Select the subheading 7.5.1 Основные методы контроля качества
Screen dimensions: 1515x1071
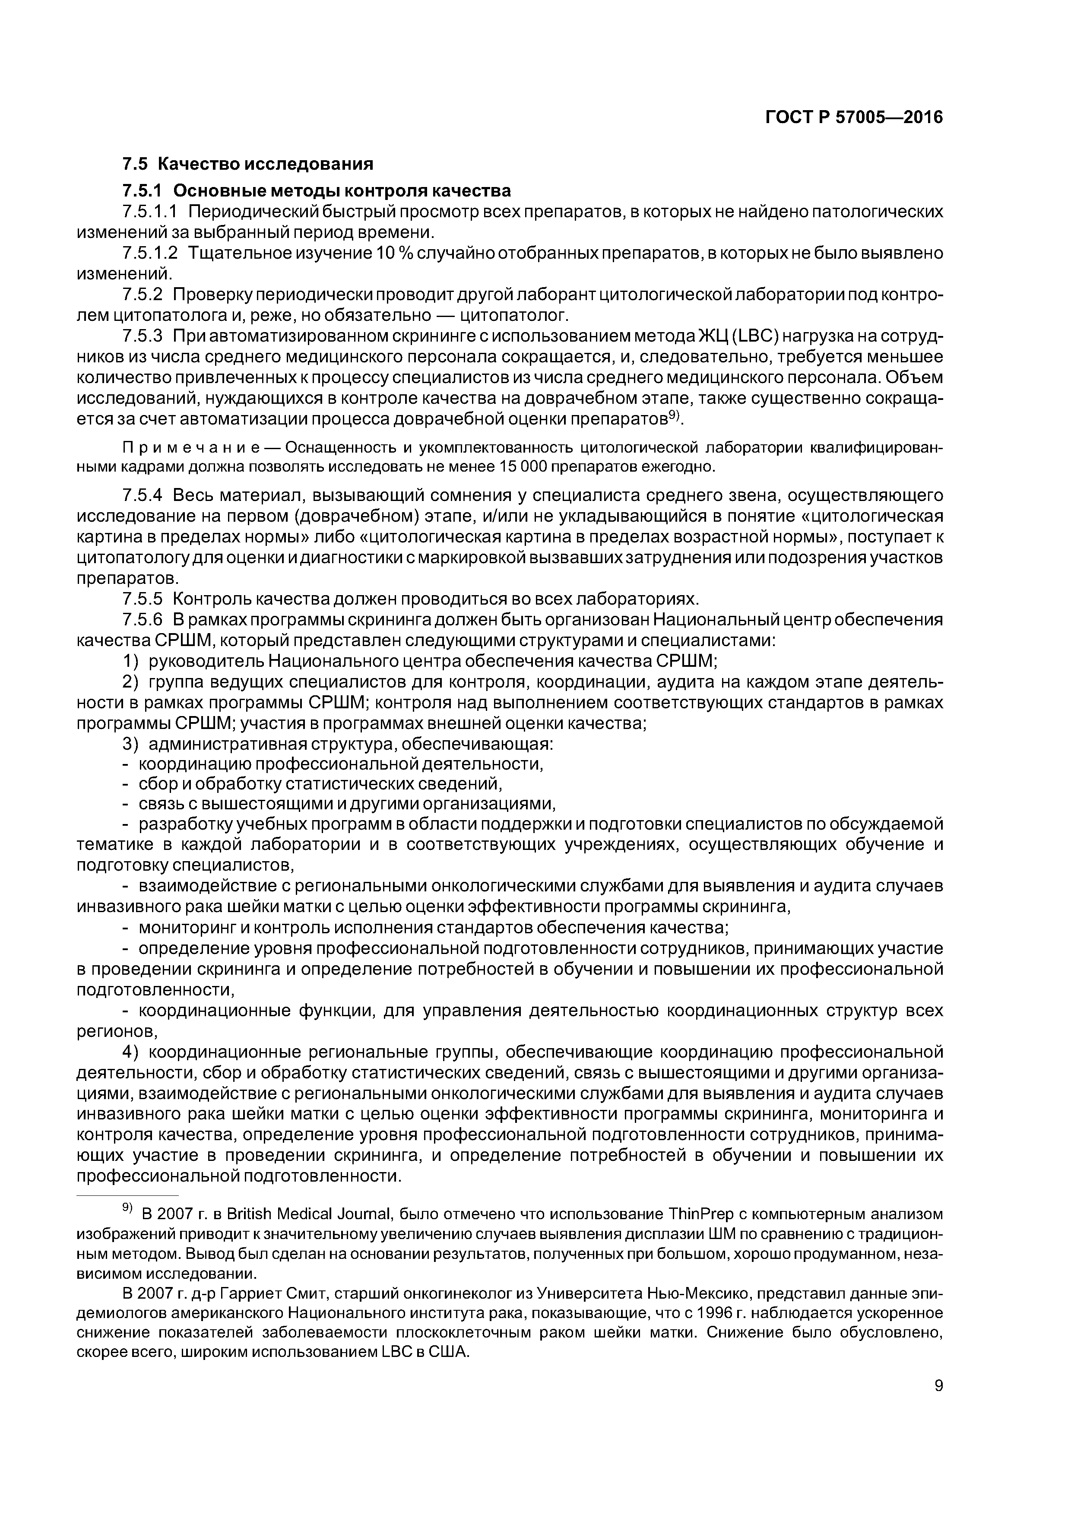click(316, 191)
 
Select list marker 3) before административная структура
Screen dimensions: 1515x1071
click(131, 744)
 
